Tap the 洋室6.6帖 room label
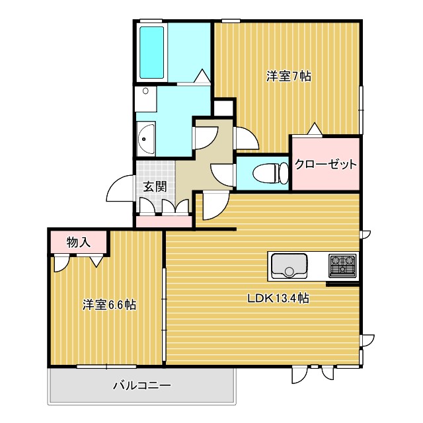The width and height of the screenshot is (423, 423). [x=110, y=305]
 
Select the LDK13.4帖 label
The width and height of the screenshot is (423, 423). [x=278, y=298]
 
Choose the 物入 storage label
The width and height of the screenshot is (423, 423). [x=78, y=242]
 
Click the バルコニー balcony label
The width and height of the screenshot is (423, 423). [x=141, y=385]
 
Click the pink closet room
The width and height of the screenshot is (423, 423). [x=326, y=163]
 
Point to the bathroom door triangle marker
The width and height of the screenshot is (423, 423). [x=202, y=76]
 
